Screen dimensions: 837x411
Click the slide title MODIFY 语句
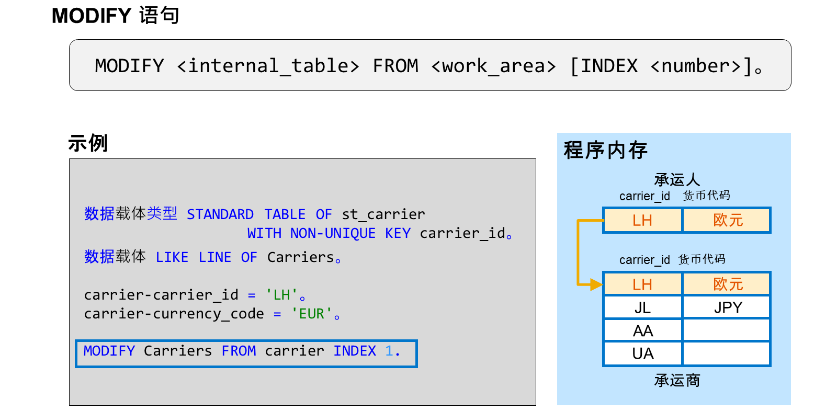(x=116, y=16)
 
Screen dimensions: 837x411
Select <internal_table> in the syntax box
(x=268, y=66)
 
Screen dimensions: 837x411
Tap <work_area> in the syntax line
(x=494, y=66)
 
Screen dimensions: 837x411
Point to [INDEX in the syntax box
(x=604, y=66)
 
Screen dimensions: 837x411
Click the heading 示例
(x=88, y=143)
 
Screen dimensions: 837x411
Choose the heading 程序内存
(x=605, y=150)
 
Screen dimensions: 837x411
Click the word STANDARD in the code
(x=220, y=214)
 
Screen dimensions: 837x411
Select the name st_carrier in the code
(x=383, y=214)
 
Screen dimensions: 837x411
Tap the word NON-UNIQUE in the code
(x=333, y=234)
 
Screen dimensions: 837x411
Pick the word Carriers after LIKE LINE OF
(x=300, y=257)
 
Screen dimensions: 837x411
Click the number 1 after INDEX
(x=389, y=351)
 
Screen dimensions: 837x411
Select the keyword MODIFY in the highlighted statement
(x=109, y=351)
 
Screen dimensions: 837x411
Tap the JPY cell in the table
(x=727, y=307)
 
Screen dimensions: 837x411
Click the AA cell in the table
(x=643, y=330)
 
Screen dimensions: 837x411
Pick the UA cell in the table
(x=643, y=353)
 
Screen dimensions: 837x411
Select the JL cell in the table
(x=643, y=307)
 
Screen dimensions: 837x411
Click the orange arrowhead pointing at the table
(x=596, y=284)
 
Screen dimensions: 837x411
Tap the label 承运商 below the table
(x=677, y=380)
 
